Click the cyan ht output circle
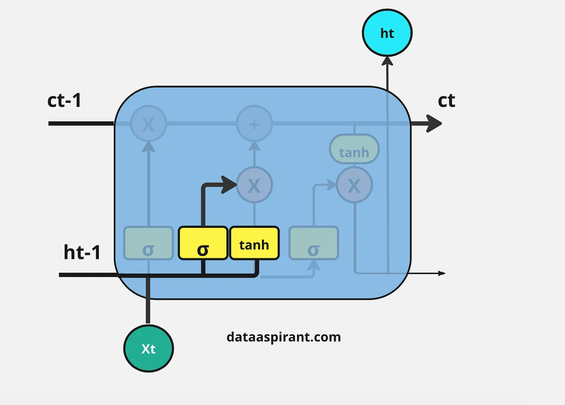tap(387, 33)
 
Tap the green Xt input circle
tap(149, 349)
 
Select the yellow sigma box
tap(203, 243)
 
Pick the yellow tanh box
tap(254, 243)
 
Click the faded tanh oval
tap(354, 149)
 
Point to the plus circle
tap(254, 123)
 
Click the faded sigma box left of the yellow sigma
tap(149, 243)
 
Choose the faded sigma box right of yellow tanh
tap(314, 243)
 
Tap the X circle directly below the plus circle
tap(254, 185)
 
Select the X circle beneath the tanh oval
tap(354, 185)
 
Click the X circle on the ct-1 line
tap(149, 123)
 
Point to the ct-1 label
tap(64, 100)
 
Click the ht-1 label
tap(82, 253)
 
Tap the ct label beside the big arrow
tap(446, 100)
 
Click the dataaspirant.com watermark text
tap(284, 337)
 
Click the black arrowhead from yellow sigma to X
tap(229, 185)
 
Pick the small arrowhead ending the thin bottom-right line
tap(442, 273)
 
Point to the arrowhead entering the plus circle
tap(254, 146)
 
